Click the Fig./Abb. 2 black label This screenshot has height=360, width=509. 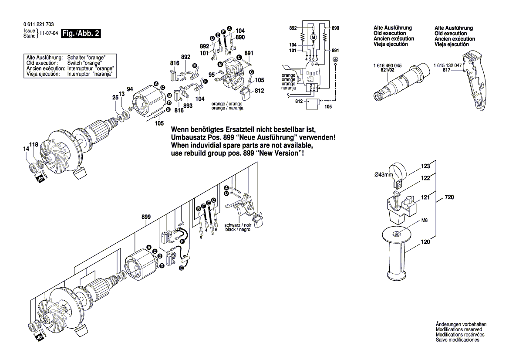coord(81,34)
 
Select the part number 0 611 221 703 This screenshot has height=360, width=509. coord(39,25)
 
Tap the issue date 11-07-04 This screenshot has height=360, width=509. coord(49,34)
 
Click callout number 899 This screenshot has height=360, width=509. coord(146,217)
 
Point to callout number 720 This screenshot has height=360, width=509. coord(449,197)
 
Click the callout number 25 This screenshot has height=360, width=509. coord(115,98)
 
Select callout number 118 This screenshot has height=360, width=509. coord(34,144)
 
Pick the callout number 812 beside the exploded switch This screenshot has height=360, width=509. coord(260,91)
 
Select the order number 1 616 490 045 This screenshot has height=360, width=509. coord(388,65)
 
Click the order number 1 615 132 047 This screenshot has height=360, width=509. coord(448,65)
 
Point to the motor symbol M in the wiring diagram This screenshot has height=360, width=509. coord(313,37)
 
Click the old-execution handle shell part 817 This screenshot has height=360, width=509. coord(474,83)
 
